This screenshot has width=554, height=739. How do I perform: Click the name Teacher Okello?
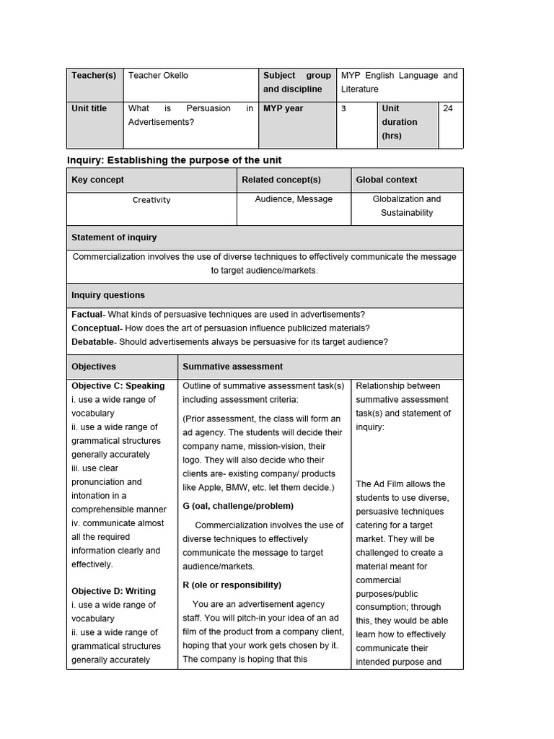pos(158,75)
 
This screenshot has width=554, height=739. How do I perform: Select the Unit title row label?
pos(89,108)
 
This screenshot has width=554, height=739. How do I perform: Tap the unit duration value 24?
pos(448,108)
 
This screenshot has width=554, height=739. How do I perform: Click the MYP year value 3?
pos(344,108)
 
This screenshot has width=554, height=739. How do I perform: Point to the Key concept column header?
pos(97,180)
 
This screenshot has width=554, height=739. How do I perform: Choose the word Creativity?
pos(151,200)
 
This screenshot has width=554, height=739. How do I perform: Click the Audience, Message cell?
pos(294,199)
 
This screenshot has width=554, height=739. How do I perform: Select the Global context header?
pos(386,180)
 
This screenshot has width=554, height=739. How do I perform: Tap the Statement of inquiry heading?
pos(114,237)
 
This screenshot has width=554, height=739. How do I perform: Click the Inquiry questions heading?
pos(108,295)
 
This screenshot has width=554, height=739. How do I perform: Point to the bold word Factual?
pos(87,315)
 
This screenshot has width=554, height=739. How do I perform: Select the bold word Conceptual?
pos(93,328)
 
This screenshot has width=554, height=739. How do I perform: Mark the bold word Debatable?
pos(92,342)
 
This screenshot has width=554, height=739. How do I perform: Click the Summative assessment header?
pos(232,367)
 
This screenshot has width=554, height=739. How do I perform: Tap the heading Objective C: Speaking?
pos(118,386)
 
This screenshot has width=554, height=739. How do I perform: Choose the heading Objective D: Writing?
pos(113,591)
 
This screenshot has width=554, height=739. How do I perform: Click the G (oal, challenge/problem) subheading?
pos(238,506)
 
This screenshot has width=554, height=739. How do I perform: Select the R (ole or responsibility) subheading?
pos(232,585)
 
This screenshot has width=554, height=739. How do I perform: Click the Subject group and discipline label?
pos(296,82)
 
